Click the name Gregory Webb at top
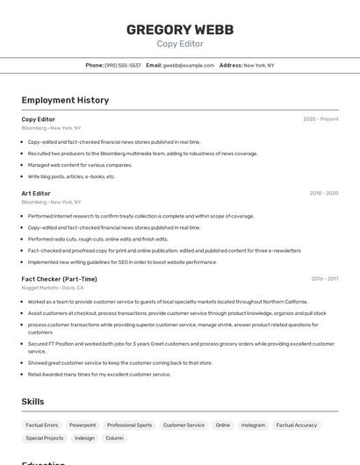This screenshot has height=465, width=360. pos(180,29)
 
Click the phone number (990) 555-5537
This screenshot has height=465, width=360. pos(122,65)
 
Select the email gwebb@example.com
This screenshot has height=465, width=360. pos(188,65)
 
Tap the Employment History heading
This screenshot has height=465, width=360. pos(65,100)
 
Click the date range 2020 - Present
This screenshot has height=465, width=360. pos(320,119)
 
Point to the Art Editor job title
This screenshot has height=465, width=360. pos(36,193)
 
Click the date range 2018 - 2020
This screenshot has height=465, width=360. pos(323,193)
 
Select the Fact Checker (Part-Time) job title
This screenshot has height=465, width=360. pos(60,279)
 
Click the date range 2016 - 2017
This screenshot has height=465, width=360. pos(324,279)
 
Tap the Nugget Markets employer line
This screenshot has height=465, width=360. pos(53,288)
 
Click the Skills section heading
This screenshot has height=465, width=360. pos(33,401)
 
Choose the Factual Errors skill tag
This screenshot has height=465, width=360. pos(42,425)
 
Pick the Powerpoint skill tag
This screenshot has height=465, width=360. pos(83,425)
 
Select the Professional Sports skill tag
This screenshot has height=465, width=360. pos(129,425)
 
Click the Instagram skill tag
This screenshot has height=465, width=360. pos(253,425)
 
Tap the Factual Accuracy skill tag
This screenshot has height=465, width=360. pos(297,425)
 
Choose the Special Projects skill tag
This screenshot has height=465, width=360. pos(45,438)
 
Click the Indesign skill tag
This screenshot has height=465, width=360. pos(84,438)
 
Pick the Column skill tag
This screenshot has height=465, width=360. pos(114,438)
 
